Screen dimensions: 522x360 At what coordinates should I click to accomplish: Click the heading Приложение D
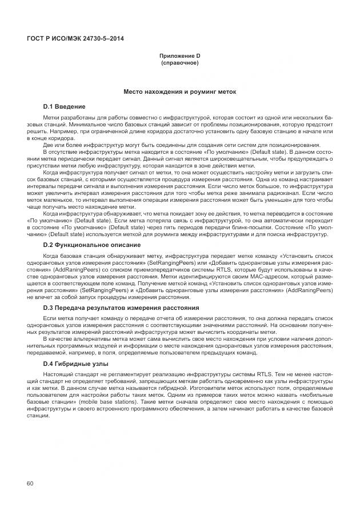click(x=180, y=55)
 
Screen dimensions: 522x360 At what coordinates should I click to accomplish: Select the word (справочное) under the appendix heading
click(x=180, y=62)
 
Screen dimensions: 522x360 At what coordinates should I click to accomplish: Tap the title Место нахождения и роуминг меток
click(x=180, y=91)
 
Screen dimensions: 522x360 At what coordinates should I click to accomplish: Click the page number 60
click(x=30, y=484)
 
